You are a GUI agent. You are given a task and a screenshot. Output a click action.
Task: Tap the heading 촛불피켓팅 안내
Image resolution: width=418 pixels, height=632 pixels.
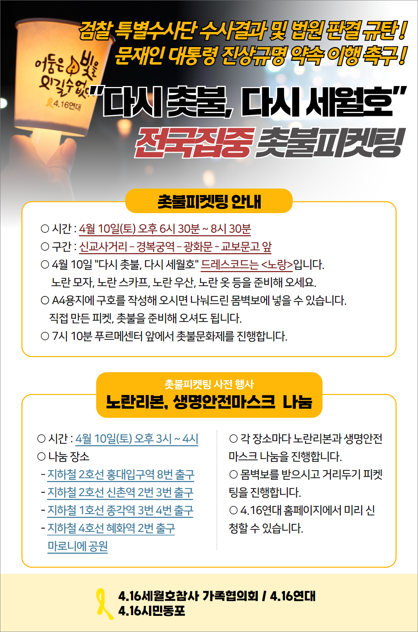(209, 202)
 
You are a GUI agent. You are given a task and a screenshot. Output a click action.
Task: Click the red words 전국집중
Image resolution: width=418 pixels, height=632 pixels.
(194, 143)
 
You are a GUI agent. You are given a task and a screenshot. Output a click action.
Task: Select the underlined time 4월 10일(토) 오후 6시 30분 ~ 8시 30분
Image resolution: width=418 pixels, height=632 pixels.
(165, 229)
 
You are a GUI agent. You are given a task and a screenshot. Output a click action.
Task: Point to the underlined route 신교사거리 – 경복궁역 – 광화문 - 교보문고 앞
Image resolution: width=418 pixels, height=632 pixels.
(175, 247)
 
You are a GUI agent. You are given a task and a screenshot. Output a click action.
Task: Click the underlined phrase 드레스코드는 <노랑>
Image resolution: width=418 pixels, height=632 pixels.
(247, 265)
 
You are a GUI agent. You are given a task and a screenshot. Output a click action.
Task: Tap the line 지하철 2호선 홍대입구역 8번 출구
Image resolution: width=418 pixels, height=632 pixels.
(121, 475)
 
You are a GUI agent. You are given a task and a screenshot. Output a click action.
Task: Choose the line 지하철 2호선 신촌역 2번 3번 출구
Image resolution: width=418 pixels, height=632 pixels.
(120, 493)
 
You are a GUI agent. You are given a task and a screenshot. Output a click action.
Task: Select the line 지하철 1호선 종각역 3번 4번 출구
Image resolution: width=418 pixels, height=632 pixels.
(120, 511)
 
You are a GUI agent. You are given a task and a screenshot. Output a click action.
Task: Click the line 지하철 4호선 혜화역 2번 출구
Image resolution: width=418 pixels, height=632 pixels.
(111, 528)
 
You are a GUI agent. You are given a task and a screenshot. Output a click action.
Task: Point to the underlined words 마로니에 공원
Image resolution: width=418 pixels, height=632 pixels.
(78, 546)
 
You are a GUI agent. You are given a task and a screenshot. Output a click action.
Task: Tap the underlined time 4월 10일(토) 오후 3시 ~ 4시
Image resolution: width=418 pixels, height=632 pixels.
(137, 439)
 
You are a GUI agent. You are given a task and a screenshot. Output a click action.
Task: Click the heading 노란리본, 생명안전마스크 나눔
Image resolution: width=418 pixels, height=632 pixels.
(209, 402)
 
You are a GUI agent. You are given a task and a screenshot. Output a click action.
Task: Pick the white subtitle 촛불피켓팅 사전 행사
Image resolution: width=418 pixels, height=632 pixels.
(209, 384)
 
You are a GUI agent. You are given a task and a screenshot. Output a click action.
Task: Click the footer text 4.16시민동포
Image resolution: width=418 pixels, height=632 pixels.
(152, 611)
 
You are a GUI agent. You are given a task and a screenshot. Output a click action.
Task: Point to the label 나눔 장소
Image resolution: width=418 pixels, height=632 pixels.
(69, 457)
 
